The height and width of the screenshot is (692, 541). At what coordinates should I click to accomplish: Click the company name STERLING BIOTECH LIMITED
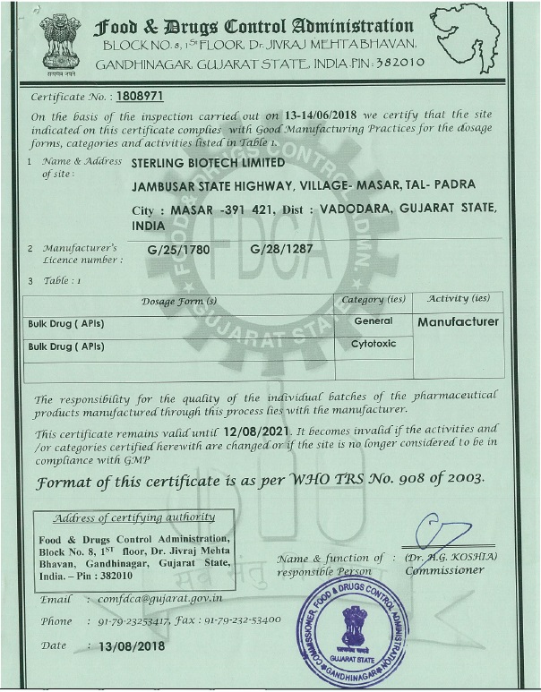click(208, 164)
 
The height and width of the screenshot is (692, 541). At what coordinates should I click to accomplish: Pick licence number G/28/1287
click(282, 248)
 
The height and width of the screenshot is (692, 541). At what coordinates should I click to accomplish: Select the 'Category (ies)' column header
click(374, 300)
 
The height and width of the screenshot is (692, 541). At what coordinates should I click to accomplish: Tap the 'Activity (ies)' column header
click(459, 299)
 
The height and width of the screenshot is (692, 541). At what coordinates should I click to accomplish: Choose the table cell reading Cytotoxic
click(374, 344)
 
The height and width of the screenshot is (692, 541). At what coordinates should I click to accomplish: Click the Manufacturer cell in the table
click(459, 321)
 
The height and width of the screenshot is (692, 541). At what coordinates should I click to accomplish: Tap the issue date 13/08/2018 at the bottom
click(132, 645)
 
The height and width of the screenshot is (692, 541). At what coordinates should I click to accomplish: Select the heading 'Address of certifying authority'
click(133, 517)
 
